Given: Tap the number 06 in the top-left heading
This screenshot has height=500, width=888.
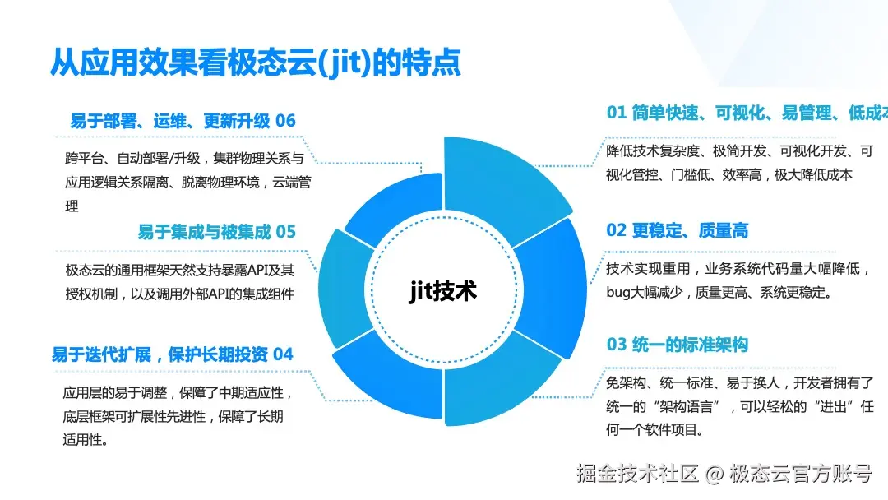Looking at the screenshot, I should click(x=285, y=121).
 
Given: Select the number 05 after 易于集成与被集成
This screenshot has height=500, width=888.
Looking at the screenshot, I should click(x=285, y=232).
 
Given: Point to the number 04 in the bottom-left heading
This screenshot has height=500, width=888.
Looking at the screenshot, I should click(x=283, y=354).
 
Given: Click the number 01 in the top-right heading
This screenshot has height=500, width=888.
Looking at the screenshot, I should click(x=617, y=113).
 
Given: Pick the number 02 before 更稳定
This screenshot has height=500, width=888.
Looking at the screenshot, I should click(x=617, y=230).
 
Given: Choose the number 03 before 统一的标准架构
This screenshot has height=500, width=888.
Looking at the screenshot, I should click(x=617, y=345).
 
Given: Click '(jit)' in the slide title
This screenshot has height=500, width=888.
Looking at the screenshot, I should click(x=338, y=62).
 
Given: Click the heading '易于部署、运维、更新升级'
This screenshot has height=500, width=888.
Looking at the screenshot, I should click(x=169, y=121).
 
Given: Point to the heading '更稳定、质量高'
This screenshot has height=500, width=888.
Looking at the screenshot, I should click(x=690, y=230).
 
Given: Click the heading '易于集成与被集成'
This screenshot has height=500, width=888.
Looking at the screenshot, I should click(x=204, y=232).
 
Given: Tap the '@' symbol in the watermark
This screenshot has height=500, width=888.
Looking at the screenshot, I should click(x=715, y=474).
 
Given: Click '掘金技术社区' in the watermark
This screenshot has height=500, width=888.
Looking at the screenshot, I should click(x=637, y=474).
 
